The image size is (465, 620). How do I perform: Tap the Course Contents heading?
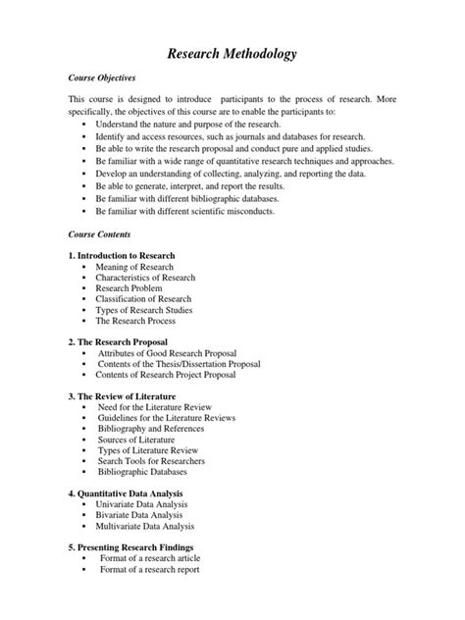[98, 235]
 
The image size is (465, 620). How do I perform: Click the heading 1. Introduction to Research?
[124, 255]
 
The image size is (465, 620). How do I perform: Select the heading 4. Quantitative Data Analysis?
[127, 492]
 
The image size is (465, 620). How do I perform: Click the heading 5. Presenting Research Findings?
[130, 546]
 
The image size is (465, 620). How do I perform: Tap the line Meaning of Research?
[134, 267]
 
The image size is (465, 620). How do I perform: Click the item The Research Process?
[134, 321]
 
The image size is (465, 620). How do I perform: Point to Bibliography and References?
[151, 429]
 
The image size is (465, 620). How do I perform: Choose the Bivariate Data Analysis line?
[140, 514]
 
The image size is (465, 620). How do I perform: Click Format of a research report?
[150, 569]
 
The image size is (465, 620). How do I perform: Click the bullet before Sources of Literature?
[84, 440]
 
